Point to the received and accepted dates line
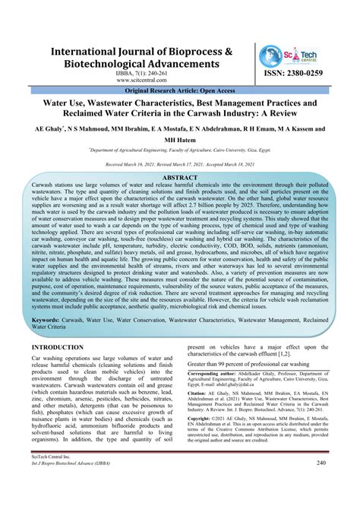(179, 164)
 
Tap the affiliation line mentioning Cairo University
(179, 152)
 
